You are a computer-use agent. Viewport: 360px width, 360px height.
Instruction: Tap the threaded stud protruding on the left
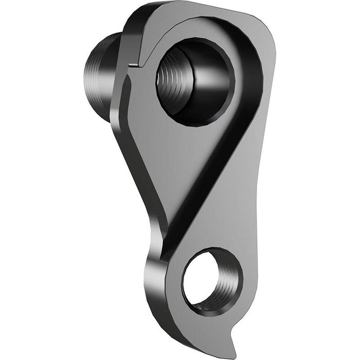coord(100,77)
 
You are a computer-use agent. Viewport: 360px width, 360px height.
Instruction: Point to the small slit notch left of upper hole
coord(133,65)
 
